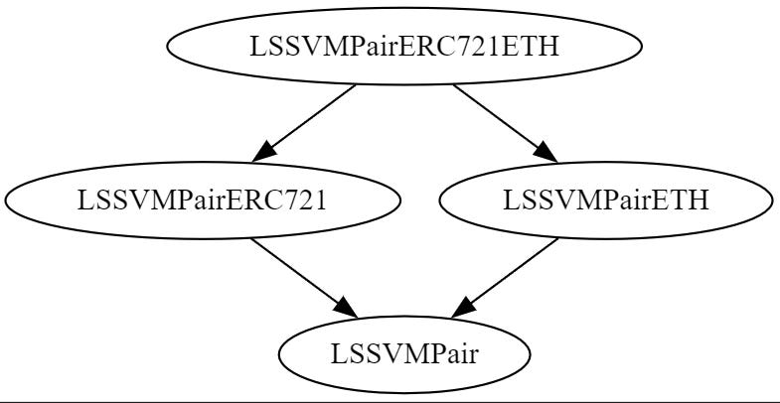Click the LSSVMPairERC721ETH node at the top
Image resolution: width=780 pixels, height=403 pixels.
tap(403, 45)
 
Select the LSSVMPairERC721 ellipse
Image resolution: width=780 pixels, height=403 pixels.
tap(203, 200)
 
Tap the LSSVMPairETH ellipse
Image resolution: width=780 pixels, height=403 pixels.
tap(605, 200)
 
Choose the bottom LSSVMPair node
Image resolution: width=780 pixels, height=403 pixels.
tap(403, 354)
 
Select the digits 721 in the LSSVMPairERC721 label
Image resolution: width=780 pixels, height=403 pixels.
tap(307, 201)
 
